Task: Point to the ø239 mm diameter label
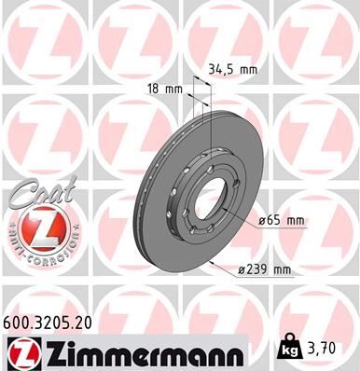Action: pos(264,269)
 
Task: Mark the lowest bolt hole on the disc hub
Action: pos(201,243)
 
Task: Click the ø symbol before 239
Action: pos(240,269)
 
